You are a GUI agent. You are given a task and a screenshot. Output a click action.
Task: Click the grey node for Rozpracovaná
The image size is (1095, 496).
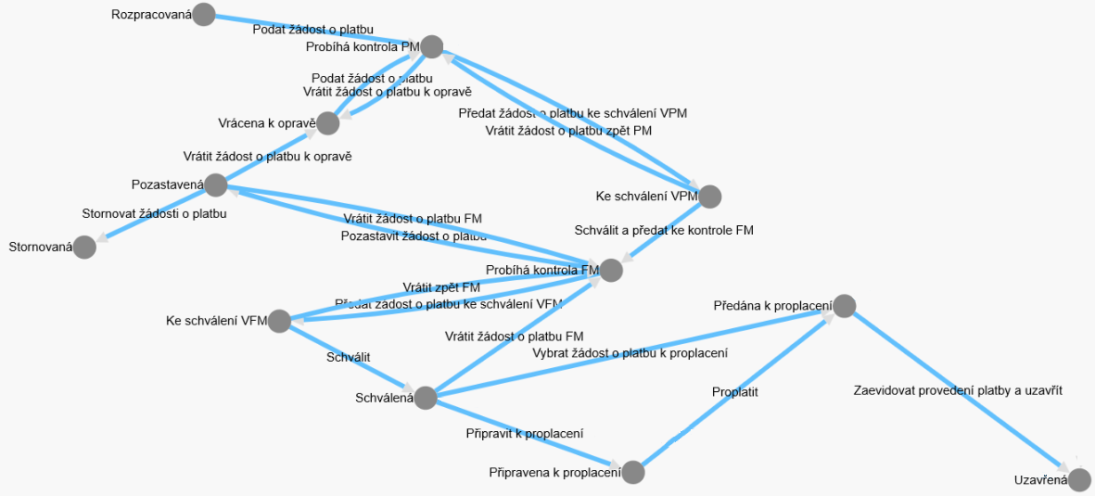204,15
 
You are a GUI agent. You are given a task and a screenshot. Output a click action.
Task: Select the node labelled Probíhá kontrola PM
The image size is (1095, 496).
431,46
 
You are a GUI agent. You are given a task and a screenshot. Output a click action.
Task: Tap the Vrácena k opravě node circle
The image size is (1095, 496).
328,123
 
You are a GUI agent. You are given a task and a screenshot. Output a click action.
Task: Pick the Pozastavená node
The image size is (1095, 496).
215,184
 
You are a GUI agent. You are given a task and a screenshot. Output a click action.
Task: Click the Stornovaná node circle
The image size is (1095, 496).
84,247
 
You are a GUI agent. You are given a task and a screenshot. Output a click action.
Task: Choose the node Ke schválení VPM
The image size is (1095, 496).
709,197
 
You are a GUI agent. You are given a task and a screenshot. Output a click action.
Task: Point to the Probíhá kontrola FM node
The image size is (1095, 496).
610,270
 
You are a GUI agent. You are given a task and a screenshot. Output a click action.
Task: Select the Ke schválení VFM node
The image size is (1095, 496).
279,322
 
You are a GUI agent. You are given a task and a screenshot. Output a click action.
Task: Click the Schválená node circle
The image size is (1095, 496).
425,399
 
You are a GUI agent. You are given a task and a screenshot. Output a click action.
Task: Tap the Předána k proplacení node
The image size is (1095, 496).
844,305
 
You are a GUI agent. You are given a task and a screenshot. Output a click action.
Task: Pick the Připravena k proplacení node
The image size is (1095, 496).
632,473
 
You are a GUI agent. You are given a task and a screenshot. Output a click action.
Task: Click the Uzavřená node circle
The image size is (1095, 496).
1079,479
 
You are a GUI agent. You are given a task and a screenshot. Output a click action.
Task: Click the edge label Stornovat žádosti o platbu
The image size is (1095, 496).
155,214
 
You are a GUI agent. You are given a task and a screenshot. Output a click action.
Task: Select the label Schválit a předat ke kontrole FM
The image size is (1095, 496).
664,230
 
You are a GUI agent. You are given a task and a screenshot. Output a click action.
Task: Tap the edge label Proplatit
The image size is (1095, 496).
735,392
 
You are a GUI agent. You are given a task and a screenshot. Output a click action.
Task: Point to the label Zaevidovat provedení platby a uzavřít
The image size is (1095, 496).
958,390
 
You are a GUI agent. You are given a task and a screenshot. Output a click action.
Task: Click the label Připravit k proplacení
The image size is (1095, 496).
524,433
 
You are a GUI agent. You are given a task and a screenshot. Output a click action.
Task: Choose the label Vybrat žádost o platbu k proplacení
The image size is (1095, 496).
630,353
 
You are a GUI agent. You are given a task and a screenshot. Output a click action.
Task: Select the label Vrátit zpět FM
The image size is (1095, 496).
441,287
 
